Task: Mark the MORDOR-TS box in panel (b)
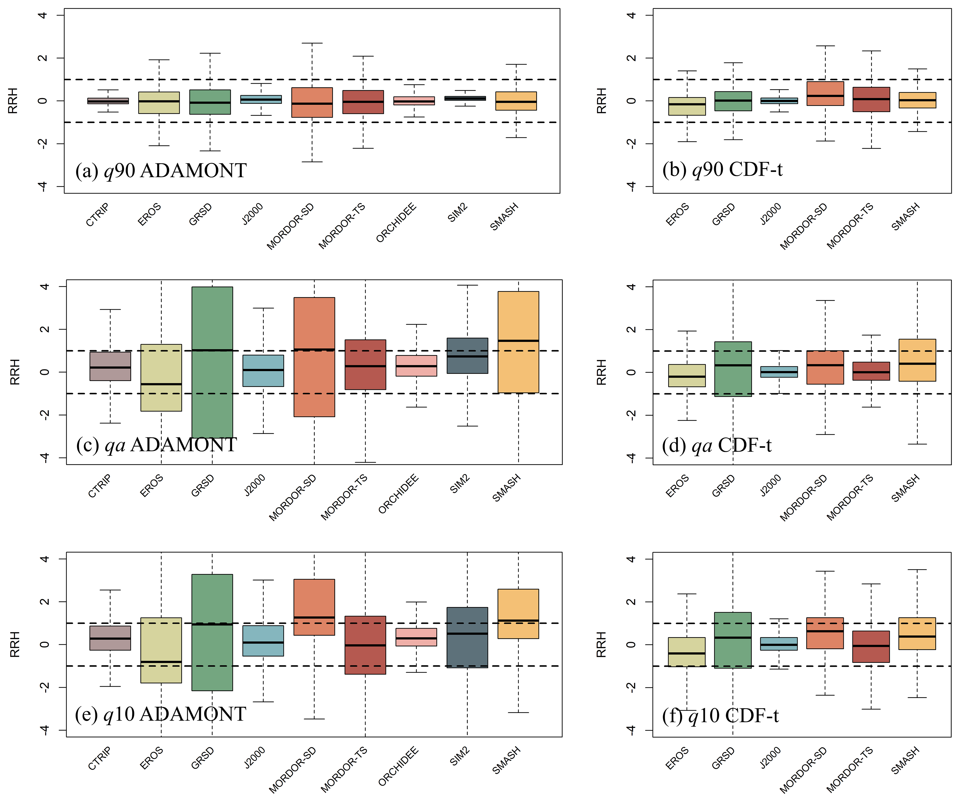871,99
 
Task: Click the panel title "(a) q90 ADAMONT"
161,170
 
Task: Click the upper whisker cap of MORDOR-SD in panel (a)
312,43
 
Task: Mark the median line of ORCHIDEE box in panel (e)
416,638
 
